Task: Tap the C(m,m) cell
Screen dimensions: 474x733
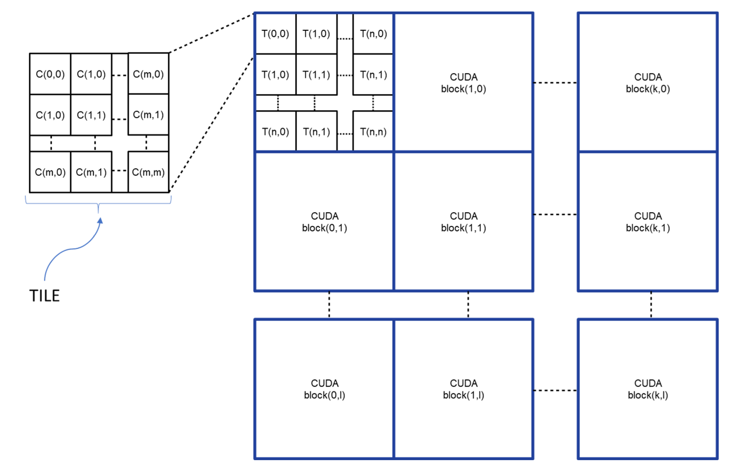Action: pyautogui.click(x=148, y=172)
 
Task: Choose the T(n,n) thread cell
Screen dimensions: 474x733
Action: pyautogui.click(x=373, y=132)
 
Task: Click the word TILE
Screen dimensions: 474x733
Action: pyautogui.click(x=44, y=296)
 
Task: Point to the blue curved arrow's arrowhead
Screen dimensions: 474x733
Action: pyautogui.click(x=100, y=221)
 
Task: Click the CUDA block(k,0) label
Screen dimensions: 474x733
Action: pyautogui.click(x=648, y=83)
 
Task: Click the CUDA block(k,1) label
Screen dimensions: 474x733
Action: pyautogui.click(x=648, y=222)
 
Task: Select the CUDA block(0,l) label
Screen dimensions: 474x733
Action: pyautogui.click(x=325, y=389)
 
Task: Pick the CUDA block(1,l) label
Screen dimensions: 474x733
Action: pyautogui.click(x=463, y=389)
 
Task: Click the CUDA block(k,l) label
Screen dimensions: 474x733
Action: pyautogui.click(x=648, y=389)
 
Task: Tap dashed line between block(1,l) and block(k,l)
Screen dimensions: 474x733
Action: pyautogui.click(x=554, y=390)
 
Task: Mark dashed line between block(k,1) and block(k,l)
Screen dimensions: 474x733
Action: pyautogui.click(x=651, y=304)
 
